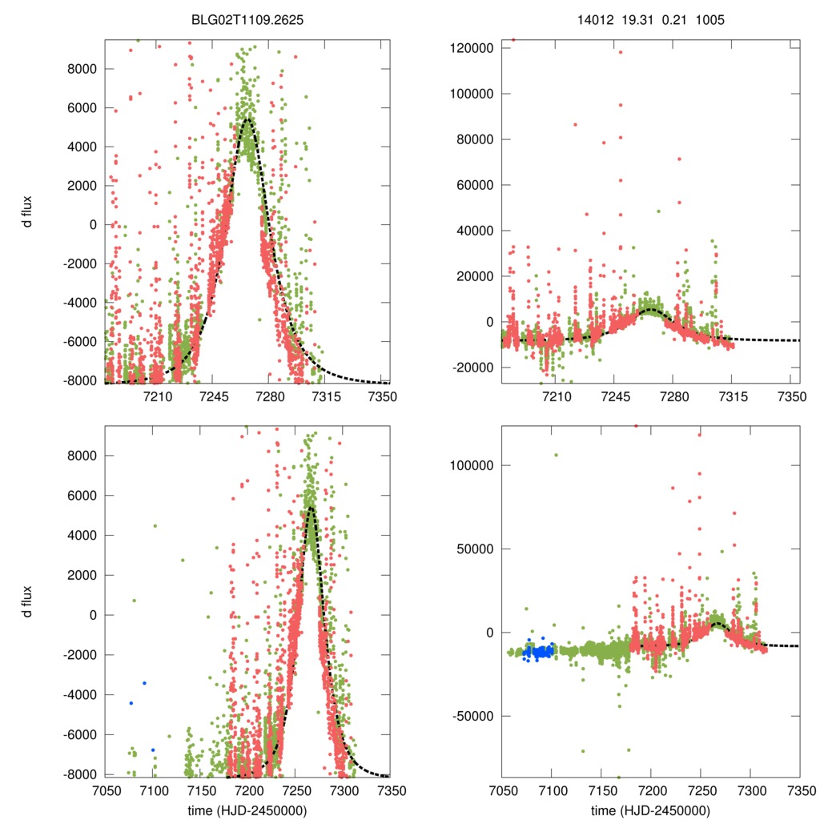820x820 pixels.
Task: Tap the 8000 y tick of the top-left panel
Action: (x=81, y=69)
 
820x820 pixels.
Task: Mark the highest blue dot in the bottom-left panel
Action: (x=144, y=683)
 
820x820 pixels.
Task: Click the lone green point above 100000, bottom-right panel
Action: (x=556, y=455)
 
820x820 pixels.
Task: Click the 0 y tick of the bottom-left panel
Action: (x=93, y=615)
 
